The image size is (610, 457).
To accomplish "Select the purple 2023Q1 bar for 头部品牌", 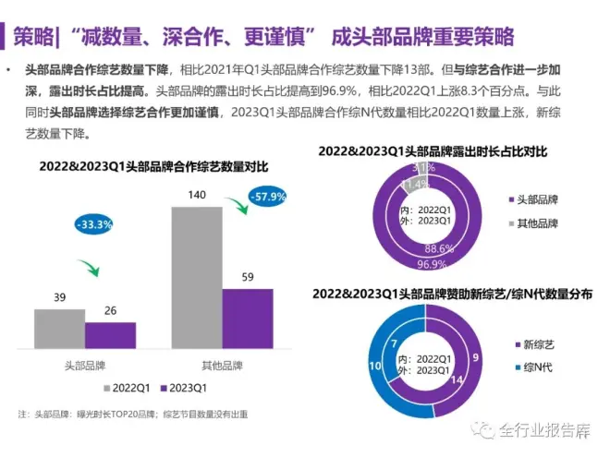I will [110, 334].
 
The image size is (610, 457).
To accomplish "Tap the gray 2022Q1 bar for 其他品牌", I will [197, 277].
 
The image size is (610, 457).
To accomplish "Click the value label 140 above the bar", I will [196, 196].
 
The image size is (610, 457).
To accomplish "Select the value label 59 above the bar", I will [248, 277].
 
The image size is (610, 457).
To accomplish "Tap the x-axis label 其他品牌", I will [222, 365].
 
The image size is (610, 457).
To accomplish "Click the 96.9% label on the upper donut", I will [432, 264].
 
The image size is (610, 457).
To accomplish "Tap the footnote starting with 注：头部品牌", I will [133, 414].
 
